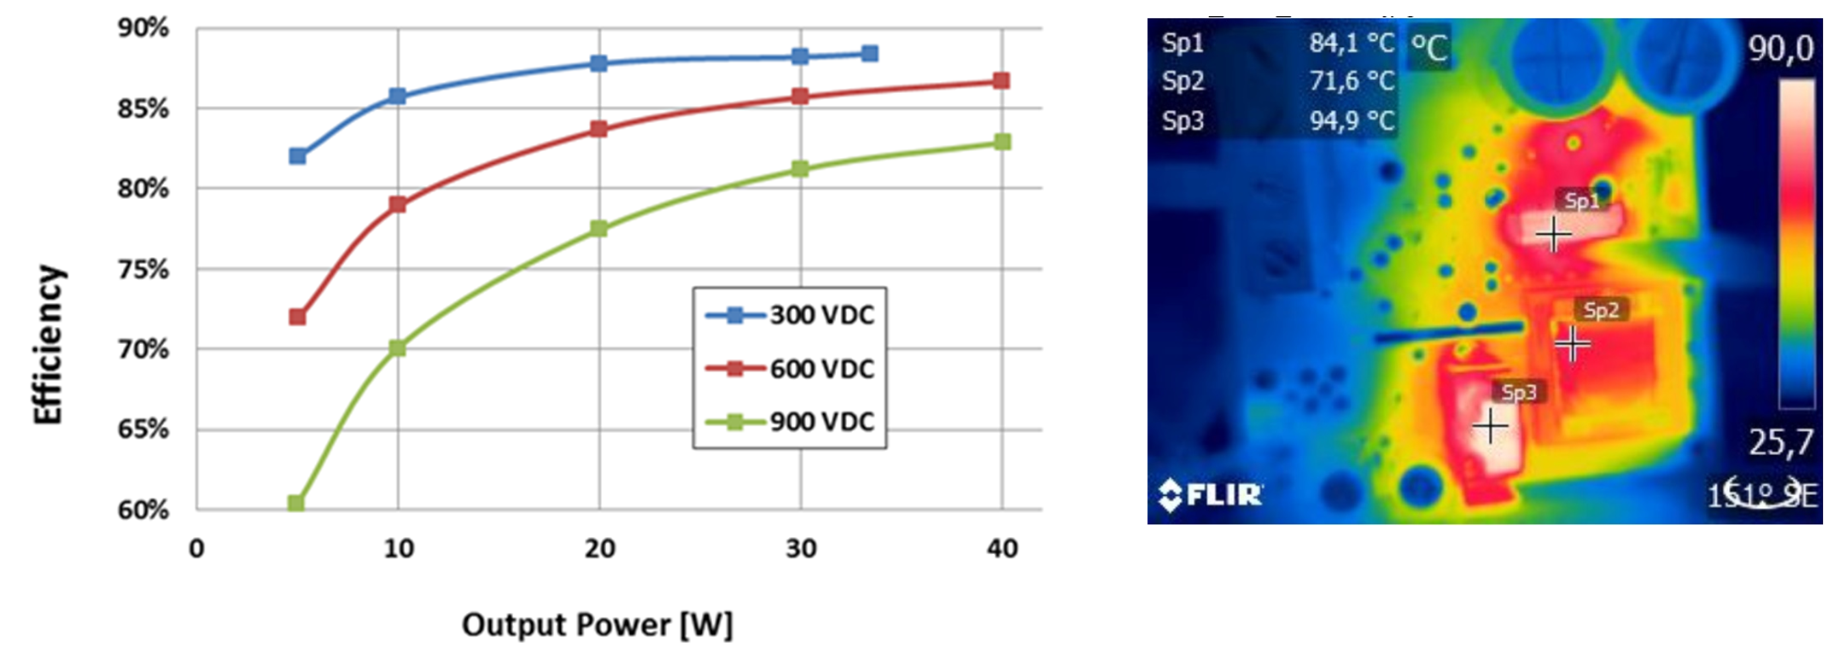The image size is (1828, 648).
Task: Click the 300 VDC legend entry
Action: pos(791,315)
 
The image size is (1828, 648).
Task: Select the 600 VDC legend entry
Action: pos(791,369)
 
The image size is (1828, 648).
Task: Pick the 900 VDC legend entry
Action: pos(791,422)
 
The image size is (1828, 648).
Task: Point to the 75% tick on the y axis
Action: pos(143,270)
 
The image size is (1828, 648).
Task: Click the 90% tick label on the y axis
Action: pos(143,28)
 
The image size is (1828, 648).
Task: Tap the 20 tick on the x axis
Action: pos(599,548)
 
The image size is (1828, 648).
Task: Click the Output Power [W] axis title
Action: pos(597,625)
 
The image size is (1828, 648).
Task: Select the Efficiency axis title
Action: pos(49,344)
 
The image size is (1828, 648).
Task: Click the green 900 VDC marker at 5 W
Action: pos(296,503)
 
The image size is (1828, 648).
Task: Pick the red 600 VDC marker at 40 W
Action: pos(1002,81)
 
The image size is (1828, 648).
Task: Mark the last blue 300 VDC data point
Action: pos(869,54)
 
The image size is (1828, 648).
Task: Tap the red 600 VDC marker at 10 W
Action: pos(397,205)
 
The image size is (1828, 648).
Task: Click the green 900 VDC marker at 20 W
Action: pos(599,229)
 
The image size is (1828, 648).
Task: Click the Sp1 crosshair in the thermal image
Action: pos(1553,235)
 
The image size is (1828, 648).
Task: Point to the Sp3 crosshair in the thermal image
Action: pos(1490,425)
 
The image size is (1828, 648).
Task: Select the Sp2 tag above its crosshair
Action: pos(1600,310)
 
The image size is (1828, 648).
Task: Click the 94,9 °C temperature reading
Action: pos(1352,121)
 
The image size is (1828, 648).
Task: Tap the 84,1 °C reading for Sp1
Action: pos(1352,43)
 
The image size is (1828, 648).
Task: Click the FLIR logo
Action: pos(1210,494)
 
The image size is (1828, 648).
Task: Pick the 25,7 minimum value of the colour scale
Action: pos(1780,442)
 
